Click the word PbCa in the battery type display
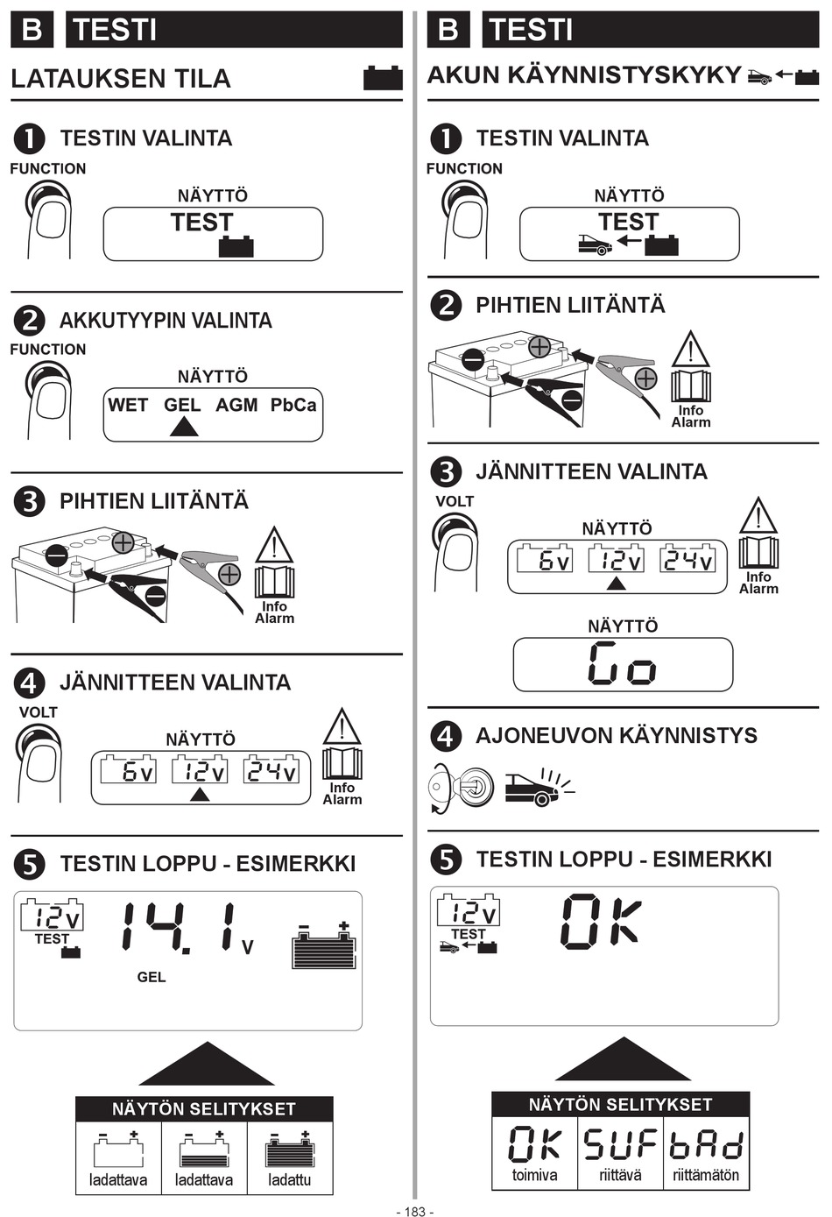[293, 406]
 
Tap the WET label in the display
[128, 406]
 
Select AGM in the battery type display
[236, 406]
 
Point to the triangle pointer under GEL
[184, 427]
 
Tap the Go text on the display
[623, 663]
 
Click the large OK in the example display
[601, 922]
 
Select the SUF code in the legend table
[621, 1143]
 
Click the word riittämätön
[706, 1175]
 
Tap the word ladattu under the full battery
[290, 1180]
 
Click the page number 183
[415, 1211]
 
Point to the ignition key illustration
[461, 786]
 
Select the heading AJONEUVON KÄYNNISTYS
[617, 736]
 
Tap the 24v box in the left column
[271, 770]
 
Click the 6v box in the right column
[544, 559]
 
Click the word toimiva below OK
[535, 1175]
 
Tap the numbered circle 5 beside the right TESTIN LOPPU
[446, 860]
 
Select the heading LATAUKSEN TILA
[121, 79]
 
